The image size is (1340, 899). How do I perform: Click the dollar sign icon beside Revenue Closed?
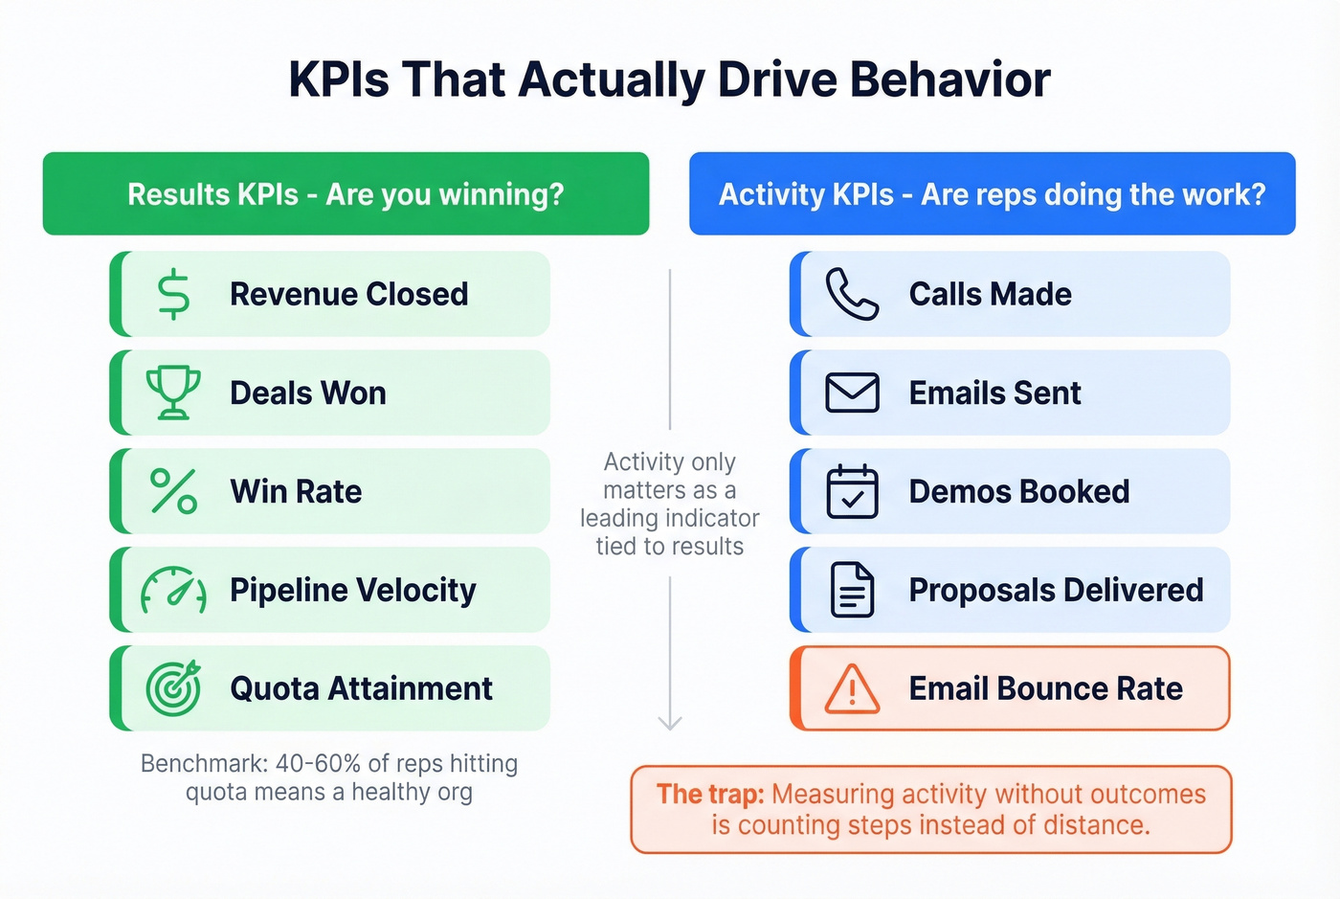pos(173,294)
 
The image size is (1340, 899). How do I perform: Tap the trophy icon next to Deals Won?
pos(173,393)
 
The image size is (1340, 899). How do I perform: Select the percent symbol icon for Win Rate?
pos(173,491)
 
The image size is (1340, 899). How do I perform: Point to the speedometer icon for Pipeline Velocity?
pos(173,590)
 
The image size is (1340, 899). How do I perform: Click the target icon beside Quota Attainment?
pos(173,688)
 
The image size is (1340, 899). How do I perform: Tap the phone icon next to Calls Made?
pos(852,294)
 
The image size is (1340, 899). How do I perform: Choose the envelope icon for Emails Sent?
pos(852,393)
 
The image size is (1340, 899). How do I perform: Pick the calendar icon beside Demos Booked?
pos(852,491)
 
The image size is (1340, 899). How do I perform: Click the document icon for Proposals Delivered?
pos(852,590)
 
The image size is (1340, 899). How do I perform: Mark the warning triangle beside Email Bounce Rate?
pos(852,688)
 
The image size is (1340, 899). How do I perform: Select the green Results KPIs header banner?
pos(346,193)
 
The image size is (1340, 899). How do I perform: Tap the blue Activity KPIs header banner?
pos(992,193)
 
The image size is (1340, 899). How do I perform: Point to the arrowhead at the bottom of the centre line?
pos(670,723)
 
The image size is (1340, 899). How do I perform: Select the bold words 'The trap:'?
pos(710,794)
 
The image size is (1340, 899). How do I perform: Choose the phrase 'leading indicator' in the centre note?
pos(670,518)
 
